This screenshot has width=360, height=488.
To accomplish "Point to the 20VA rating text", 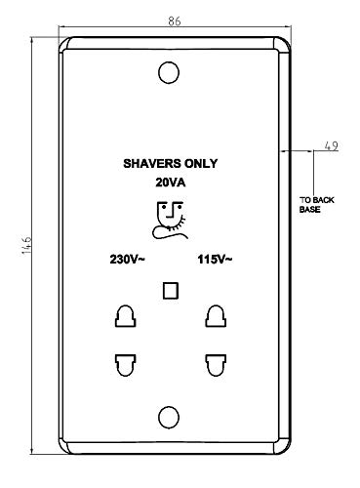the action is pos(171,183).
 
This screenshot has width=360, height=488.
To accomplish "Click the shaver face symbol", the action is pos(171,221).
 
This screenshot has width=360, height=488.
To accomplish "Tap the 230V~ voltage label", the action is pos(127,260).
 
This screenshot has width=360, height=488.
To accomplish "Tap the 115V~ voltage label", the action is pos(215,260).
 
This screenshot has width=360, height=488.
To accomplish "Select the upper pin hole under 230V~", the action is pos(125,316).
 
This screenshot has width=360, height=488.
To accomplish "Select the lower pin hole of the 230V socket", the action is pos(125,365).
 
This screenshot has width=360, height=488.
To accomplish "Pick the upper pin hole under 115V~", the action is pos(216,316).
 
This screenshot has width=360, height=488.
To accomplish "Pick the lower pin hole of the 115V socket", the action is pos(216,365).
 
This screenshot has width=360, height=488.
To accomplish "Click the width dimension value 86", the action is pos(175,21).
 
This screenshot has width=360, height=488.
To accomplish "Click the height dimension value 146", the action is pos(26,245).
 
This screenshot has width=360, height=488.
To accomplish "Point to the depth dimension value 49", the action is pos(332,146).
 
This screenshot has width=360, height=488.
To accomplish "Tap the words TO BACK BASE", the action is pos(316,205).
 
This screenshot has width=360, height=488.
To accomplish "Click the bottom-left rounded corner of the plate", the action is pos(63,449).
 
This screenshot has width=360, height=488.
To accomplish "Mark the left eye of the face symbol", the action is pos(164,207).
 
